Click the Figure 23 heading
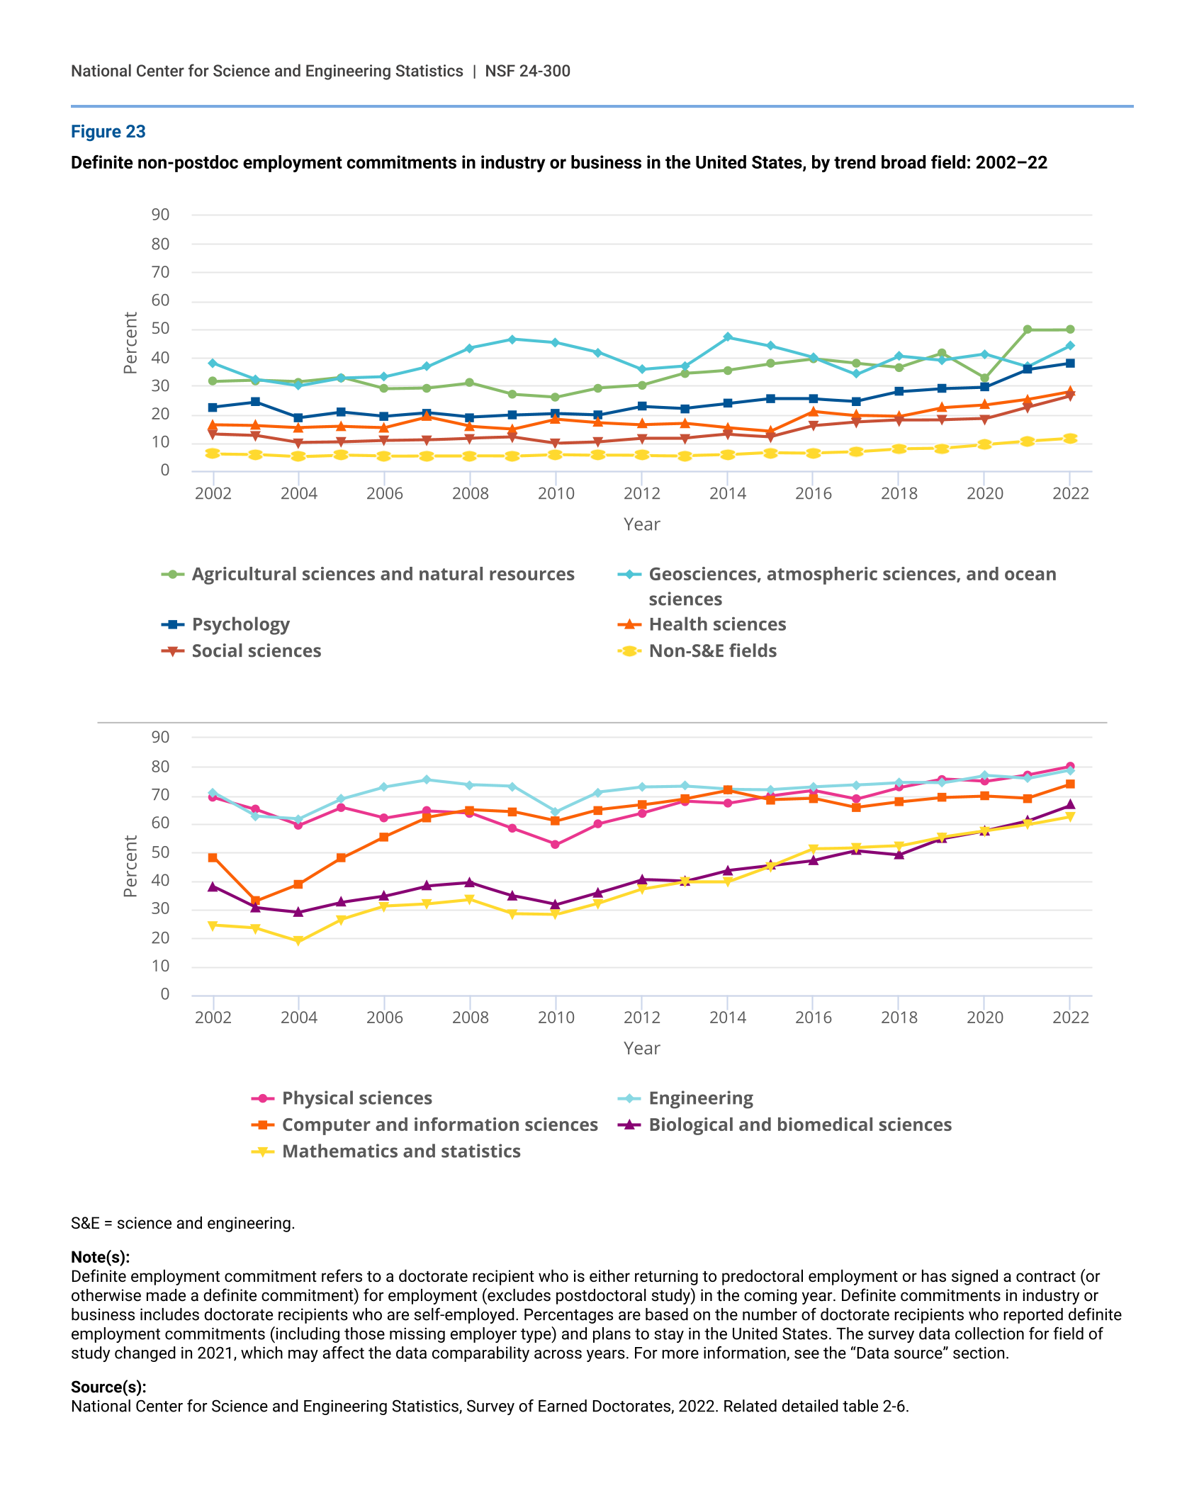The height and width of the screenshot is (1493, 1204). [x=108, y=132]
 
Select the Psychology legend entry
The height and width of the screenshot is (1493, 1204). [x=240, y=624]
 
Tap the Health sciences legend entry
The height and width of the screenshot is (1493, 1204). [x=717, y=624]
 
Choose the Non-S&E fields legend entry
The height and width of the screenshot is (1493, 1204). [x=712, y=650]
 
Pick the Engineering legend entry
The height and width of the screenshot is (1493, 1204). [x=700, y=1098]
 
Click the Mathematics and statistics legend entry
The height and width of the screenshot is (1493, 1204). [x=401, y=1151]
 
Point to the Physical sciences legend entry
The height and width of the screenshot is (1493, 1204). [x=356, y=1098]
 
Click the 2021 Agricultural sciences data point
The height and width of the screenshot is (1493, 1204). [x=1028, y=329]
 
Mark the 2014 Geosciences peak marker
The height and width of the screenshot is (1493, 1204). [x=728, y=337]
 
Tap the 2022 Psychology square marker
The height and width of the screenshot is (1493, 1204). [x=1070, y=363]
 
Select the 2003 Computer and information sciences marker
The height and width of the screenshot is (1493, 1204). [x=256, y=901]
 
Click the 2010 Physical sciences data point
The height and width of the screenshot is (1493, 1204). [x=555, y=845]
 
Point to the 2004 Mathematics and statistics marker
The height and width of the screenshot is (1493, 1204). [x=298, y=941]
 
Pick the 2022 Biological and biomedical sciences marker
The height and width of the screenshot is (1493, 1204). [x=1070, y=805]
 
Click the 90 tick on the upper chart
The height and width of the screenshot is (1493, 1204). [x=160, y=215]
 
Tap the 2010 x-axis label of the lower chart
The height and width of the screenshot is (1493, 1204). [x=556, y=1018]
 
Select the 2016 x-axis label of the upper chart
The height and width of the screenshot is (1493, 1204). [x=813, y=494]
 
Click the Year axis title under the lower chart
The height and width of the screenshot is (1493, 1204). [x=641, y=1048]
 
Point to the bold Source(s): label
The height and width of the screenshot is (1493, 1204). [x=108, y=1387]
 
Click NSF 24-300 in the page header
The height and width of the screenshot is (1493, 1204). [x=527, y=71]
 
